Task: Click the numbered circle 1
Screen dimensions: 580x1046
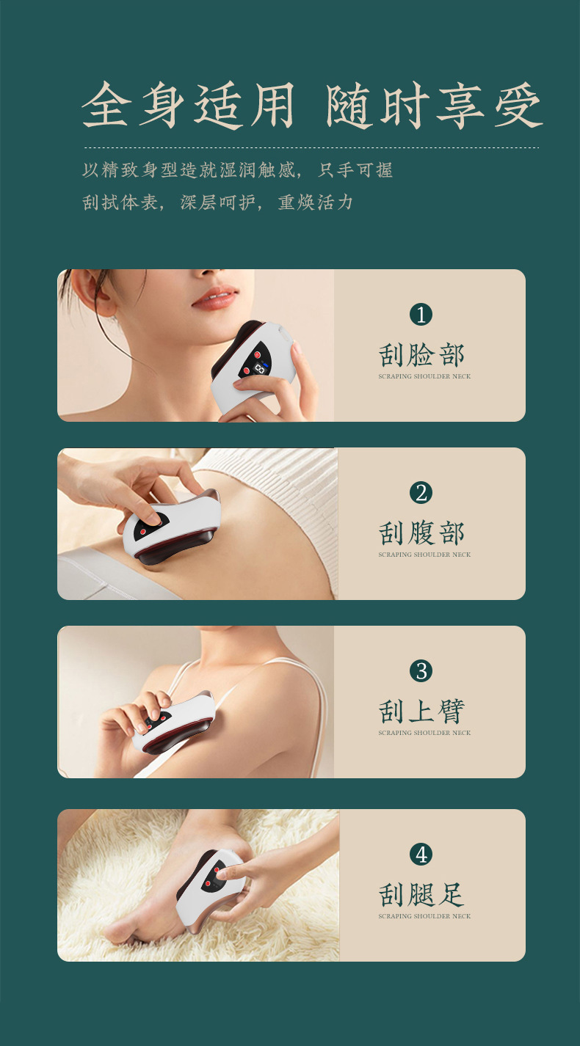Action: click(x=421, y=315)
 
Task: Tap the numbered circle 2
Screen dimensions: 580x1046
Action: click(x=421, y=493)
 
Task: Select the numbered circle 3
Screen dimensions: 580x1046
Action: click(x=421, y=671)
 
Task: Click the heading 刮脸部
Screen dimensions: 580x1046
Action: click(x=421, y=355)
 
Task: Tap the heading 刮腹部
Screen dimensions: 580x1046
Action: click(x=421, y=534)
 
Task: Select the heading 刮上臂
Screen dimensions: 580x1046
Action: click(x=421, y=712)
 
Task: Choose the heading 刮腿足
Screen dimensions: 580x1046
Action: click(x=421, y=895)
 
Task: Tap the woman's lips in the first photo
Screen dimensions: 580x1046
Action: click(x=214, y=298)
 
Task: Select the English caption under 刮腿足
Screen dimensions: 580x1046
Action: click(x=424, y=916)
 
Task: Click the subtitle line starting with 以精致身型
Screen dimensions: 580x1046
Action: click(x=237, y=170)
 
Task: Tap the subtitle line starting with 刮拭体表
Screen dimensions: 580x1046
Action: click(x=217, y=202)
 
